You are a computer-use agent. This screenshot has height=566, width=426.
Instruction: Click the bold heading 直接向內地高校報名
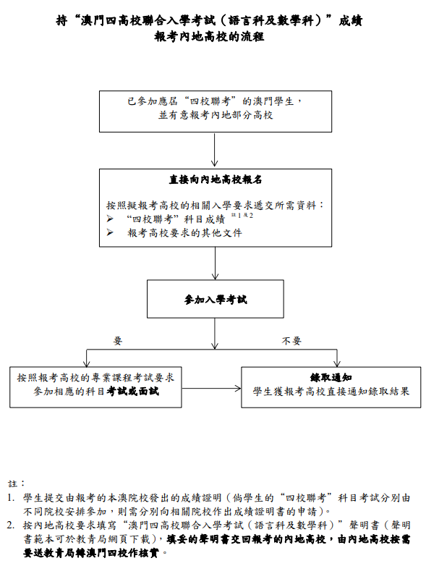[x=215, y=179]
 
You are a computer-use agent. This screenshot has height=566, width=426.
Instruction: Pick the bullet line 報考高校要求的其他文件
[x=184, y=232]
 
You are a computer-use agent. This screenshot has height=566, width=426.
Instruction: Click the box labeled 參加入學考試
[x=215, y=299]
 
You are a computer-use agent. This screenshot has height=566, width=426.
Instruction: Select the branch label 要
[x=119, y=340]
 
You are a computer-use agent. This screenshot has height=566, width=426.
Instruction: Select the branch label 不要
[x=291, y=340]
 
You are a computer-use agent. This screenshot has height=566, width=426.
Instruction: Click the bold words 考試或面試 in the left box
[x=133, y=392]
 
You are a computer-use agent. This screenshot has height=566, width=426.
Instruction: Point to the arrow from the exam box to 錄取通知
[x=211, y=388]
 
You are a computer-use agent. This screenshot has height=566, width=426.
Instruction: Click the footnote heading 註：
[x=17, y=482]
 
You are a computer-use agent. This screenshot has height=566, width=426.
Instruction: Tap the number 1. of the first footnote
[x=12, y=498]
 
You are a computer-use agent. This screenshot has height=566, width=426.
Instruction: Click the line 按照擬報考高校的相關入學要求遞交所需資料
[x=215, y=205]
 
